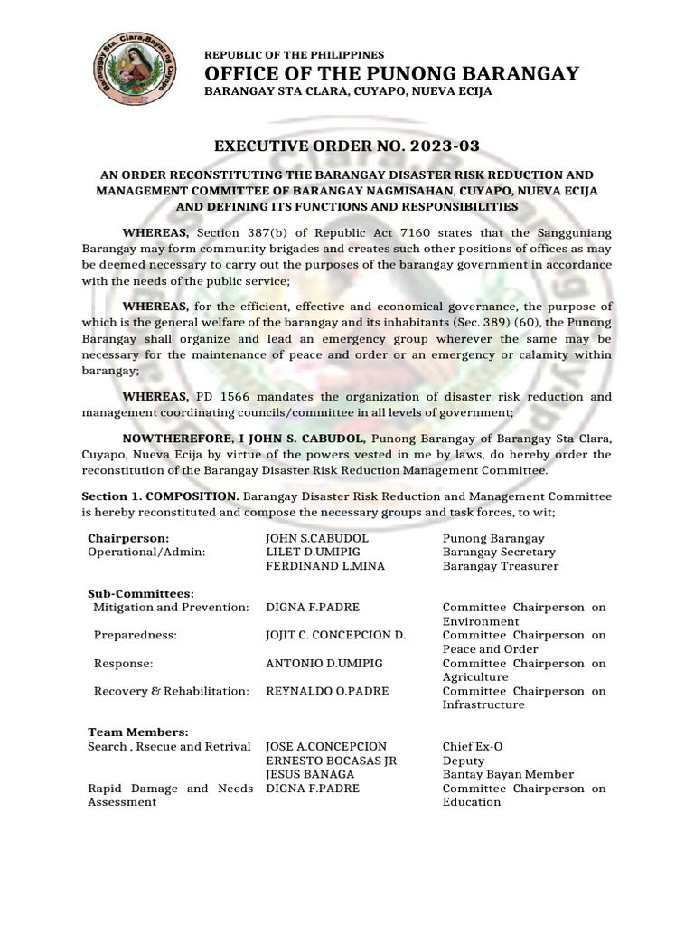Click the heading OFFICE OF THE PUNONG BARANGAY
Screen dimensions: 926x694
click(391, 74)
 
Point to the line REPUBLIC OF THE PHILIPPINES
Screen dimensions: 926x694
click(294, 55)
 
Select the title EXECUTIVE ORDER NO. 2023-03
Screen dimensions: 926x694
click(347, 146)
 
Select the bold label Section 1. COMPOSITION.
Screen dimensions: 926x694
click(160, 496)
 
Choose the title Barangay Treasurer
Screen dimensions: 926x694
click(500, 566)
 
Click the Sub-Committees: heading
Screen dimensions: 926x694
click(141, 593)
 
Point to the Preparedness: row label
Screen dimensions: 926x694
click(136, 635)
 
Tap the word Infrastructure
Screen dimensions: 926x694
click(483, 704)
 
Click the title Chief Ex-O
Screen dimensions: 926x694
click(473, 746)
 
